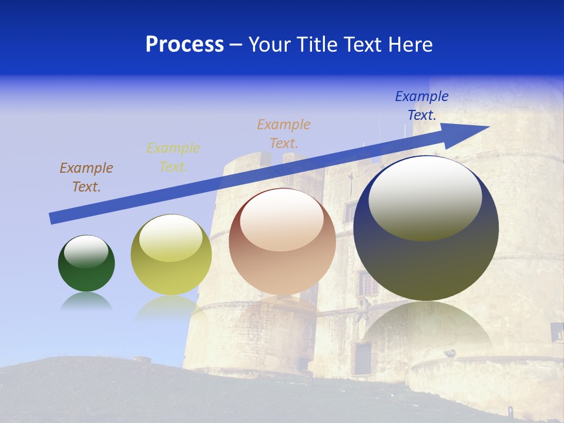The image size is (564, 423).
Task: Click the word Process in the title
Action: click(184, 45)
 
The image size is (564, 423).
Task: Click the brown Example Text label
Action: click(86, 177)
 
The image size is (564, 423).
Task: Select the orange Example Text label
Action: click(284, 133)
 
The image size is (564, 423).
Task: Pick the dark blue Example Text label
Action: click(422, 106)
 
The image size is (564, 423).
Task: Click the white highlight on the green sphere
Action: click(86, 251)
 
